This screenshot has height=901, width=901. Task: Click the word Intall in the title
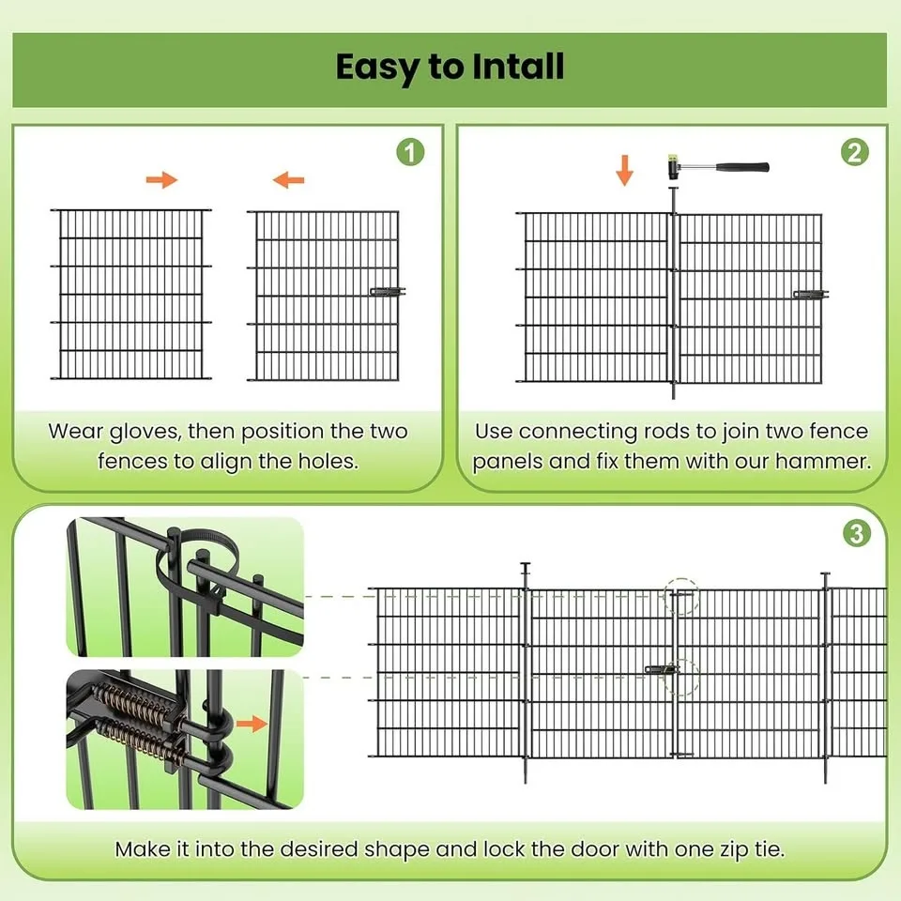pyautogui.click(x=507, y=67)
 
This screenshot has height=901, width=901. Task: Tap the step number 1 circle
pyautogui.click(x=410, y=152)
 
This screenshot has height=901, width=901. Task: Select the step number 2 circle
pyautogui.click(x=854, y=152)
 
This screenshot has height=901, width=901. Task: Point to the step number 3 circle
pyautogui.click(x=856, y=534)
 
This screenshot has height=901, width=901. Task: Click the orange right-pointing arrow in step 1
pyautogui.click(x=162, y=180)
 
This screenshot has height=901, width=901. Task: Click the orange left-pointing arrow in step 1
pyautogui.click(x=288, y=180)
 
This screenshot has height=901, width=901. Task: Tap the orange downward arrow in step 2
pyautogui.click(x=625, y=170)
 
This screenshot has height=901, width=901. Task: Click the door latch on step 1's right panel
pyautogui.click(x=386, y=293)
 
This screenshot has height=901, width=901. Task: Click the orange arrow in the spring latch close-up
pyautogui.click(x=252, y=723)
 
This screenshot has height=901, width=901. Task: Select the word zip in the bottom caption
pyautogui.click(x=710, y=850)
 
